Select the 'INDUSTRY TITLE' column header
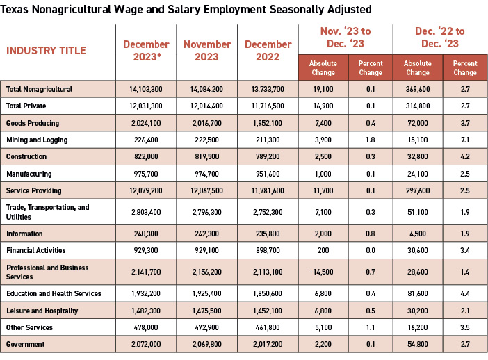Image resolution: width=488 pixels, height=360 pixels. point(46,51)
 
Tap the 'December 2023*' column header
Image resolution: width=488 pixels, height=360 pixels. point(146,51)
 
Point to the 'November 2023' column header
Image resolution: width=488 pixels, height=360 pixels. point(207,51)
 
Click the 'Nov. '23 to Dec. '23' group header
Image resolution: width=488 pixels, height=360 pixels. point(345,38)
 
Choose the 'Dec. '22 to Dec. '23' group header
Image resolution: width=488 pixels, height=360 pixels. point(441,38)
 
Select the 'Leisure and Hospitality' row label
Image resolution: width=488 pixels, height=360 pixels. point(38,311)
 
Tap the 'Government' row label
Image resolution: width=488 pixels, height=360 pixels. point(26,344)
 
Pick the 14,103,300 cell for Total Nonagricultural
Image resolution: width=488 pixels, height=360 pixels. point(146,90)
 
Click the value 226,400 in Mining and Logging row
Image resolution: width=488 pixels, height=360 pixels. point(146,140)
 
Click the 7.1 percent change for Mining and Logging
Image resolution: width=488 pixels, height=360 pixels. point(465,140)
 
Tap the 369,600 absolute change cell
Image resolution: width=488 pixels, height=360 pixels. point(417,90)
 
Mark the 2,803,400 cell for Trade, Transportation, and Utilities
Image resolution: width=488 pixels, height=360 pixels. point(146,212)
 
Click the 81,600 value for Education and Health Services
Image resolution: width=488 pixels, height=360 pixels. point(417,294)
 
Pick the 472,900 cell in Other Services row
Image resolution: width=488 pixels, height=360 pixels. point(207,327)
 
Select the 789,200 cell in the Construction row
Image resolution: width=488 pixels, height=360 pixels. point(268,156)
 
